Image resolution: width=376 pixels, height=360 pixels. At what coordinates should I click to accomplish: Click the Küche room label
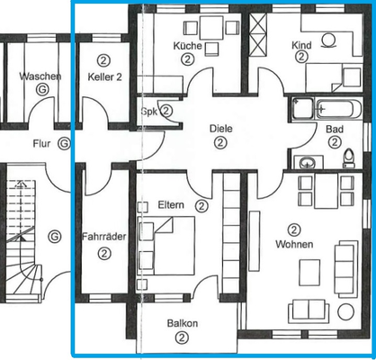pyautogui.click(x=187, y=46)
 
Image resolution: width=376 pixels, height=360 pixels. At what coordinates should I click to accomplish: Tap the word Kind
pyautogui.click(x=301, y=45)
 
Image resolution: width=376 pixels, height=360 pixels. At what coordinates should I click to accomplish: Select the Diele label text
pyautogui.click(x=220, y=129)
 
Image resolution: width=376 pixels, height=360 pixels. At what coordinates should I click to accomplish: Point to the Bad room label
pyautogui.click(x=335, y=130)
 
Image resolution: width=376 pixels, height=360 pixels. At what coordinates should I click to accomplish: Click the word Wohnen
pyautogui.click(x=294, y=244)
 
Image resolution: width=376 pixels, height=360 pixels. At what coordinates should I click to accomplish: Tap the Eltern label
pyautogui.click(x=171, y=205)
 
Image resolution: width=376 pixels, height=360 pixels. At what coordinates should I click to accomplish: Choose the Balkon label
pyautogui.click(x=183, y=323)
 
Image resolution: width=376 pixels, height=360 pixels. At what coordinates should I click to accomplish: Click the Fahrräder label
pyautogui.click(x=104, y=237)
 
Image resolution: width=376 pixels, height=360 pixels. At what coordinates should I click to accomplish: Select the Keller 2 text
pyautogui.click(x=104, y=77)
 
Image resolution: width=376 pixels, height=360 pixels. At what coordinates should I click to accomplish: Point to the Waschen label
pyautogui.click(x=40, y=76)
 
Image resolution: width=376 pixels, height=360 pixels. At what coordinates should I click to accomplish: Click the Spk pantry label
pyautogui.click(x=149, y=112)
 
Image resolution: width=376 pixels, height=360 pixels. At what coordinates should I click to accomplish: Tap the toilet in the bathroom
pyautogui.click(x=349, y=157)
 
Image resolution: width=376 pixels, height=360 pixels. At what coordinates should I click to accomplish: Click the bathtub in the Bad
pyautogui.click(x=337, y=109)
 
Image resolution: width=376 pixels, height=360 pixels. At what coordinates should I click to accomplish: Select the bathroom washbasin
pyautogui.click(x=308, y=163)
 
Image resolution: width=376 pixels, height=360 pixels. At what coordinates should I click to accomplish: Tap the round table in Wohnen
pyautogui.click(x=345, y=312)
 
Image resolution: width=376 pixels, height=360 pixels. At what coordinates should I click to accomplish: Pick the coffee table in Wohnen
pyautogui.click(x=309, y=272)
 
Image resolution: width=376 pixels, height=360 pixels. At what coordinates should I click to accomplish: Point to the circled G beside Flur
pyautogui.click(x=65, y=143)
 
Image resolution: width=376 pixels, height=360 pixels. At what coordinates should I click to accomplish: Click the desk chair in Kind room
pyautogui.click(x=329, y=40)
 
